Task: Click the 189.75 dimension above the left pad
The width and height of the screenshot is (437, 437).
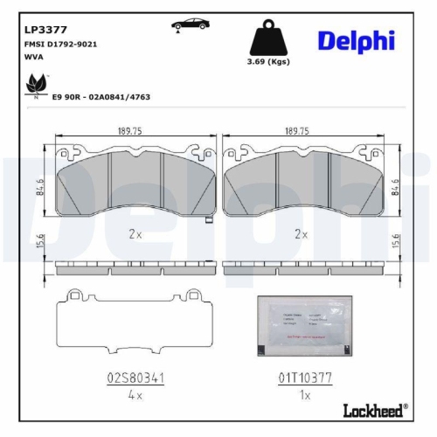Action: [131, 130]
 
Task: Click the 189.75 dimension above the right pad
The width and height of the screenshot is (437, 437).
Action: [297, 130]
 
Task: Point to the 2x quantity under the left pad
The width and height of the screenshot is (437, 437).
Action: [135, 234]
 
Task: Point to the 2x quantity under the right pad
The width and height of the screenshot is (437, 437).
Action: [302, 234]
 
